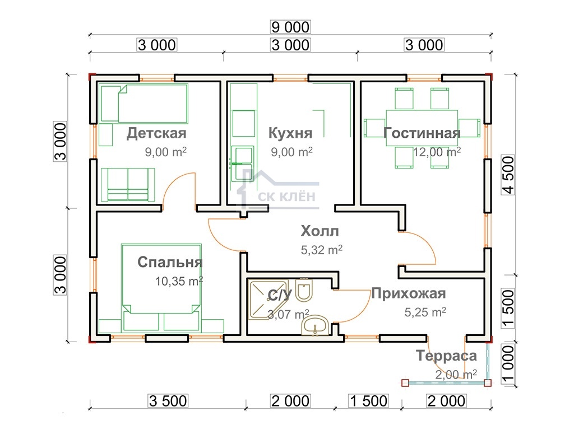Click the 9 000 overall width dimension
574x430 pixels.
(x=290, y=27)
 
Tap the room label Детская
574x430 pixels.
(x=156, y=133)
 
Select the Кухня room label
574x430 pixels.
(x=290, y=133)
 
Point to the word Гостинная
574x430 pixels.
(x=422, y=133)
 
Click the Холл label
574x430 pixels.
(x=320, y=231)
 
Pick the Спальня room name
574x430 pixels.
(x=170, y=262)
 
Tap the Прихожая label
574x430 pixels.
(x=409, y=293)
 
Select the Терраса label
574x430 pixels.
(x=446, y=356)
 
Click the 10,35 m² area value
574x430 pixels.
(x=179, y=281)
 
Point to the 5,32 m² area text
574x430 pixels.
(x=321, y=250)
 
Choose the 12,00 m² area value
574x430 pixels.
(x=437, y=152)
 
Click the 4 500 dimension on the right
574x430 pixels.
(x=508, y=175)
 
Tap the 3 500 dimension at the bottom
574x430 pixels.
(x=168, y=401)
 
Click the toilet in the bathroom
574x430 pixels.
(x=304, y=291)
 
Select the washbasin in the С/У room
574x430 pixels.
(x=315, y=325)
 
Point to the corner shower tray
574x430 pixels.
(x=268, y=300)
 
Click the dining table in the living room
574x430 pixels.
(x=422, y=128)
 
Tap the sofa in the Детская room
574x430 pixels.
(x=128, y=185)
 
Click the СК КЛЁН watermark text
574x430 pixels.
(x=286, y=197)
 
